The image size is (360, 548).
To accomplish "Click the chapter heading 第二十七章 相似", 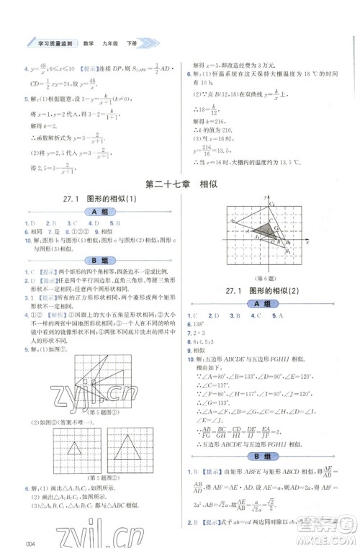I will point(181,184).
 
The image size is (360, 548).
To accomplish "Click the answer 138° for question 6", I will point(200,325).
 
